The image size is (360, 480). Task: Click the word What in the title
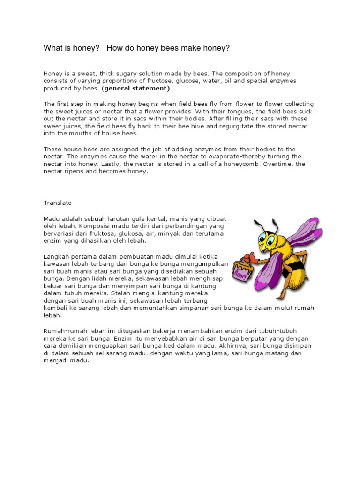coord(52,48)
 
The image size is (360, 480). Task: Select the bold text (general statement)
coord(137,88)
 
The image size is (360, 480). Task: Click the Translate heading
coord(58,202)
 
